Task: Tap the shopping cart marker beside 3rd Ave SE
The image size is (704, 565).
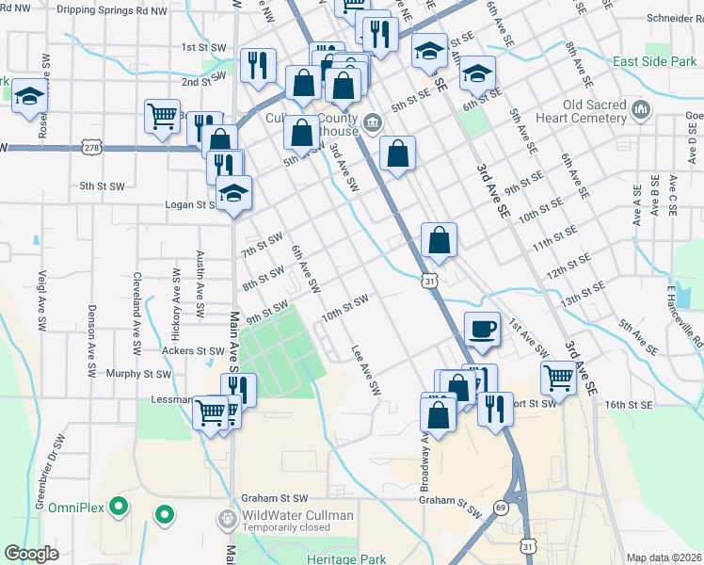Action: click(558, 378)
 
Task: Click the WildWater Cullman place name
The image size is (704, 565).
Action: click(297, 515)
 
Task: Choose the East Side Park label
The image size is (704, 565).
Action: click(653, 61)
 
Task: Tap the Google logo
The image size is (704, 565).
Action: click(31, 554)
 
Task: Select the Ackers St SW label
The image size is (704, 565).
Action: click(193, 350)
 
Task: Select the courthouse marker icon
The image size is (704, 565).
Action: click(373, 121)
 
